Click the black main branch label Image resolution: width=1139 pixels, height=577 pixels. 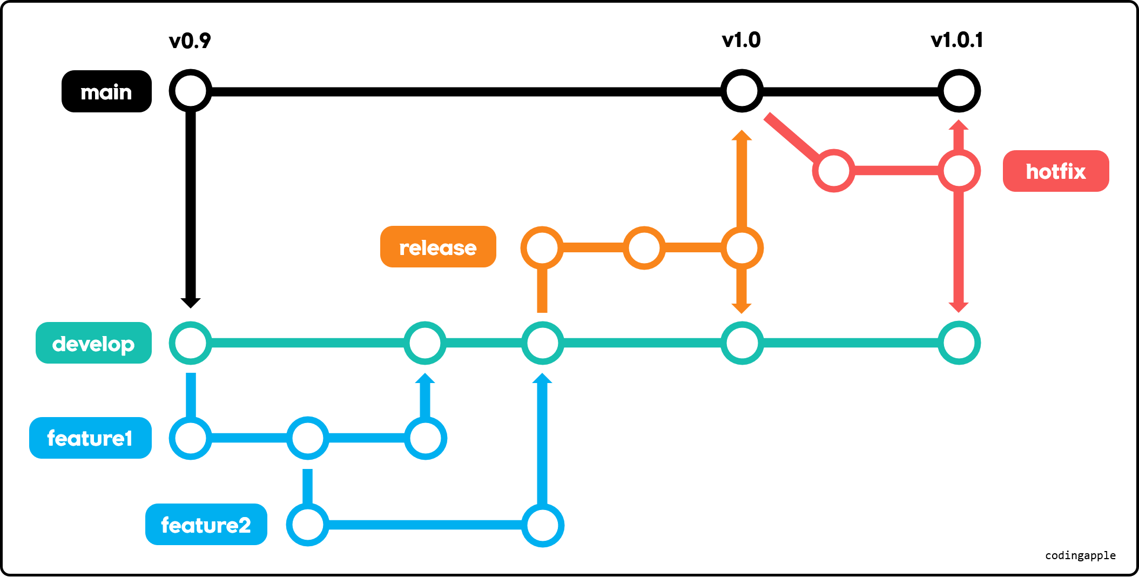[x=106, y=91]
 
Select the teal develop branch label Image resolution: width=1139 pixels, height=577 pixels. [x=93, y=343]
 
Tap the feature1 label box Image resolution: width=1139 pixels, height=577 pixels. [x=90, y=438]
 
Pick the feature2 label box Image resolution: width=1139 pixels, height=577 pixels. [x=206, y=525]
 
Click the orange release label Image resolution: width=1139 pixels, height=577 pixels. [x=437, y=247]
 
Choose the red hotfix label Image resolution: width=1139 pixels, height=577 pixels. [x=1055, y=171]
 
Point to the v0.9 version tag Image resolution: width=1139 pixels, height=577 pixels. [x=190, y=41]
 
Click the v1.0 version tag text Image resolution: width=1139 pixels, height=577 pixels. [x=741, y=40]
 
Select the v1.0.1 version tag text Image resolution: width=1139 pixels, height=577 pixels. [x=956, y=40]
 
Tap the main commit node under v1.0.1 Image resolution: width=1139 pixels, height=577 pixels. [x=959, y=91]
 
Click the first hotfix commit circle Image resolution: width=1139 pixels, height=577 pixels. [x=834, y=171]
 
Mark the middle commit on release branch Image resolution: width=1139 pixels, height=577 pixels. [x=644, y=248]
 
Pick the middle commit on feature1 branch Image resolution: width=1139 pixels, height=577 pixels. [x=308, y=438]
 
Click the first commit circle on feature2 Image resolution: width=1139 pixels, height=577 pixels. [x=308, y=525]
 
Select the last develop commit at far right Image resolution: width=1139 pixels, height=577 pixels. [x=959, y=343]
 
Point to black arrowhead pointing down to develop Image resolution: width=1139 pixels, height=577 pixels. [x=190, y=303]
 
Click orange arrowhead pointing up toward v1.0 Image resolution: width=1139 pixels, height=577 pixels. [x=742, y=135]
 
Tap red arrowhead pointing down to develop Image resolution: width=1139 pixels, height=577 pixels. [x=959, y=307]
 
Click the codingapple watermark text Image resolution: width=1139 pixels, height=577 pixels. [x=1080, y=555]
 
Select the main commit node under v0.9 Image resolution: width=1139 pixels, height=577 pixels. [x=190, y=91]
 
